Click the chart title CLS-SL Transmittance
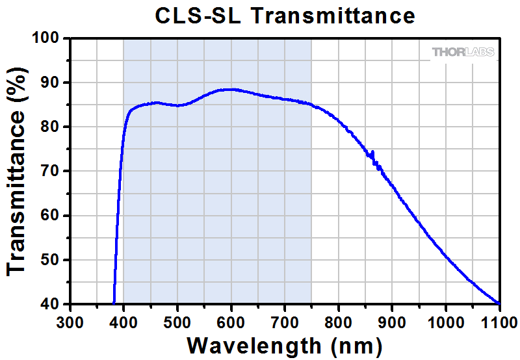285,16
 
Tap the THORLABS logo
463,52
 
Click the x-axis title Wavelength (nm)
284,344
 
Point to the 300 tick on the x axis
70,319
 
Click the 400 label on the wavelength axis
123,319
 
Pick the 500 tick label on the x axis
177,319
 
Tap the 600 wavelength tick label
231,319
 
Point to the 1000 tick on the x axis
445,319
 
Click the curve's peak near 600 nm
229,90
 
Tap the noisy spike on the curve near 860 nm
372,153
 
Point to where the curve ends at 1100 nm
499,303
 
